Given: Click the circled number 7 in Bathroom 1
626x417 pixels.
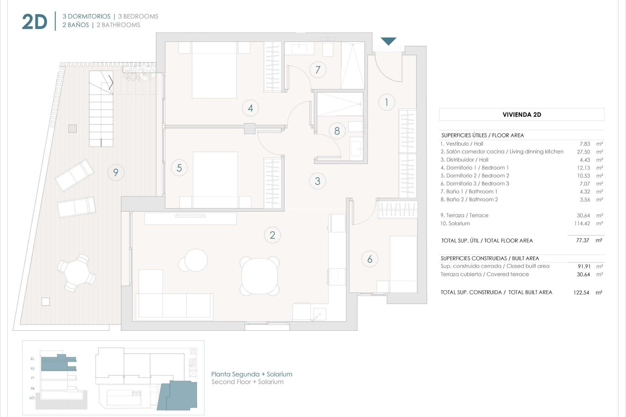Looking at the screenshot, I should [318, 70].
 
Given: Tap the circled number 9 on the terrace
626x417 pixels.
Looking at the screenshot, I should [116, 172].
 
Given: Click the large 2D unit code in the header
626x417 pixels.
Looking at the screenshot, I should [35, 22].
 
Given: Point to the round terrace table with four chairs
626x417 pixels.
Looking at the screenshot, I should [76, 273].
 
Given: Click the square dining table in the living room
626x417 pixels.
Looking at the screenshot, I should [260, 276].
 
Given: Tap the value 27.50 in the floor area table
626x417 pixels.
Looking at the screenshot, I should [583, 152].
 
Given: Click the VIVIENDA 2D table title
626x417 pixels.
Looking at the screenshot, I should [522, 115].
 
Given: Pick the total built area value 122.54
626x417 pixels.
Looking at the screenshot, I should [581, 293].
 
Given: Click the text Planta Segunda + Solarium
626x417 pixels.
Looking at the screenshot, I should [251, 374].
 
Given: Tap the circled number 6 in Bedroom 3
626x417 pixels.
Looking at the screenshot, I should [370, 259].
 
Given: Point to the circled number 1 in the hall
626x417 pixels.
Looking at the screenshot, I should [387, 102].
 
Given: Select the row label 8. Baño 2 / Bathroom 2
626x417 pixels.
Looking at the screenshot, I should [469, 199].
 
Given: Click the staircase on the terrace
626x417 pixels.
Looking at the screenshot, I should [101, 109].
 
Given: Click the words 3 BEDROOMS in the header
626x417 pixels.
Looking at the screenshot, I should [138, 16].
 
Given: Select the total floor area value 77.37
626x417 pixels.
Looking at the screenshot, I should [582, 240].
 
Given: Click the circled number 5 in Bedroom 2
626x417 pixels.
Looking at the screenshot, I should [179, 168].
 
